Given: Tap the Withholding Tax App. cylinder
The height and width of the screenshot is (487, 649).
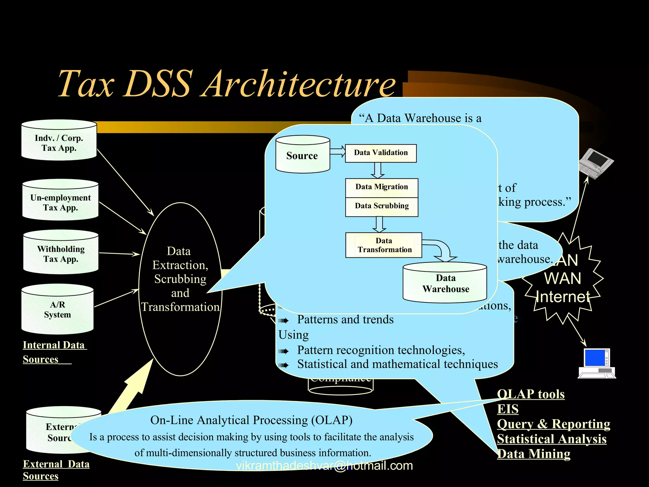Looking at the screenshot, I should [61, 252].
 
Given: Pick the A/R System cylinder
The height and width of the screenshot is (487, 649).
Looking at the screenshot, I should [57, 309].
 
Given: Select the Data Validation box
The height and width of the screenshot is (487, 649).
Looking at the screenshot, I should [381, 153].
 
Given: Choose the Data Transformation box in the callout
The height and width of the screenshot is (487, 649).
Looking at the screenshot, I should [384, 245].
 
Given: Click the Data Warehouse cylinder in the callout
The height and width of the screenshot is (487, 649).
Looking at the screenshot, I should [445, 283].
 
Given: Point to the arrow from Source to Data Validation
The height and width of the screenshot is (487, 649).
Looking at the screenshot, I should [337, 151].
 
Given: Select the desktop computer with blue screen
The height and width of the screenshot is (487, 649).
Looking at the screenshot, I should [597, 363].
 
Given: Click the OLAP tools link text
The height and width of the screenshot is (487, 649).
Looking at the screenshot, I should [531, 394].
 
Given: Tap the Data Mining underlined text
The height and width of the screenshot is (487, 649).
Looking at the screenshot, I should [534, 454].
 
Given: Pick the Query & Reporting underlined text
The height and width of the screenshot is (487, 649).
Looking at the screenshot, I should [553, 424].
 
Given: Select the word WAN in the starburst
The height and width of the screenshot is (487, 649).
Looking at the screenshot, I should [562, 278].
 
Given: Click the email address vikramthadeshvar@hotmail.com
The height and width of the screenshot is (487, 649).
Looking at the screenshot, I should [324, 465].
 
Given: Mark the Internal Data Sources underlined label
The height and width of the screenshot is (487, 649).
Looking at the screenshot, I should [54, 352].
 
